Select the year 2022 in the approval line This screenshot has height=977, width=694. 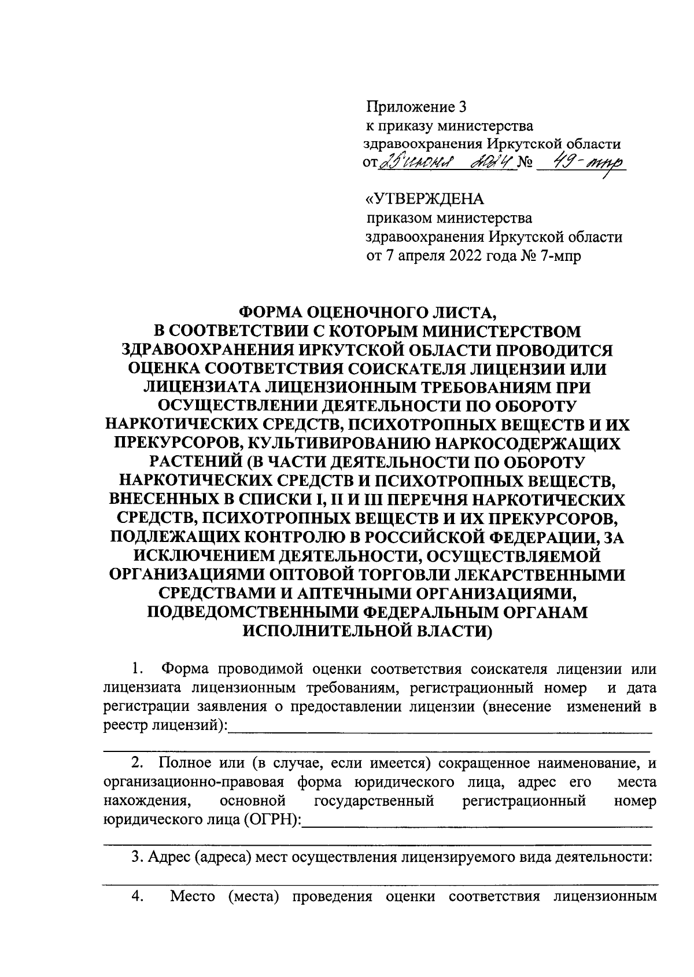coord(468,256)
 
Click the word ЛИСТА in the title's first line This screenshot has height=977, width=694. coord(461,313)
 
